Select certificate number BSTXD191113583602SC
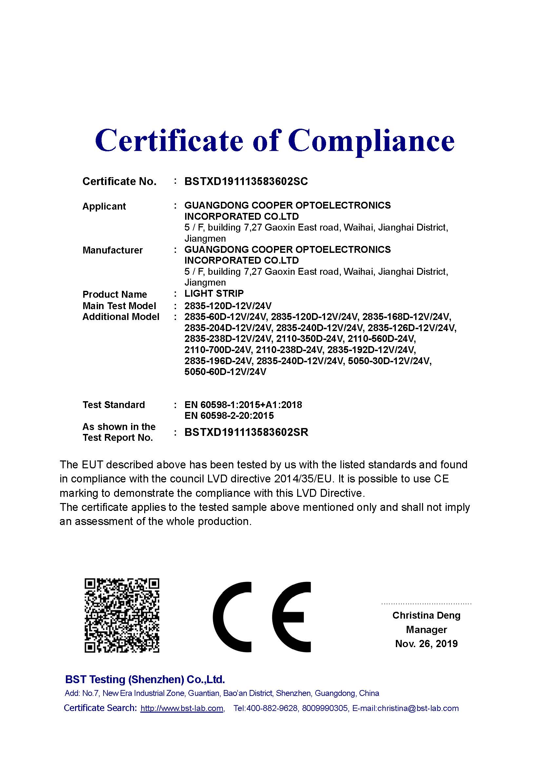246,181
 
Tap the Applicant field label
104,206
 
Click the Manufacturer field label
112,250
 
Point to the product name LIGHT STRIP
214,293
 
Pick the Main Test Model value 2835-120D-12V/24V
228,306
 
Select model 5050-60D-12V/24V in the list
225,372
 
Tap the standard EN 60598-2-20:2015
229,415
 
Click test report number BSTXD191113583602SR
246,432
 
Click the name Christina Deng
426,615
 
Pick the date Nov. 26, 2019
426,644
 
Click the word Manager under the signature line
426,629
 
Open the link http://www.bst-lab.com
182,708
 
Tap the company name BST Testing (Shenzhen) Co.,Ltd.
145,679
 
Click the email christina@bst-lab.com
418,708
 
